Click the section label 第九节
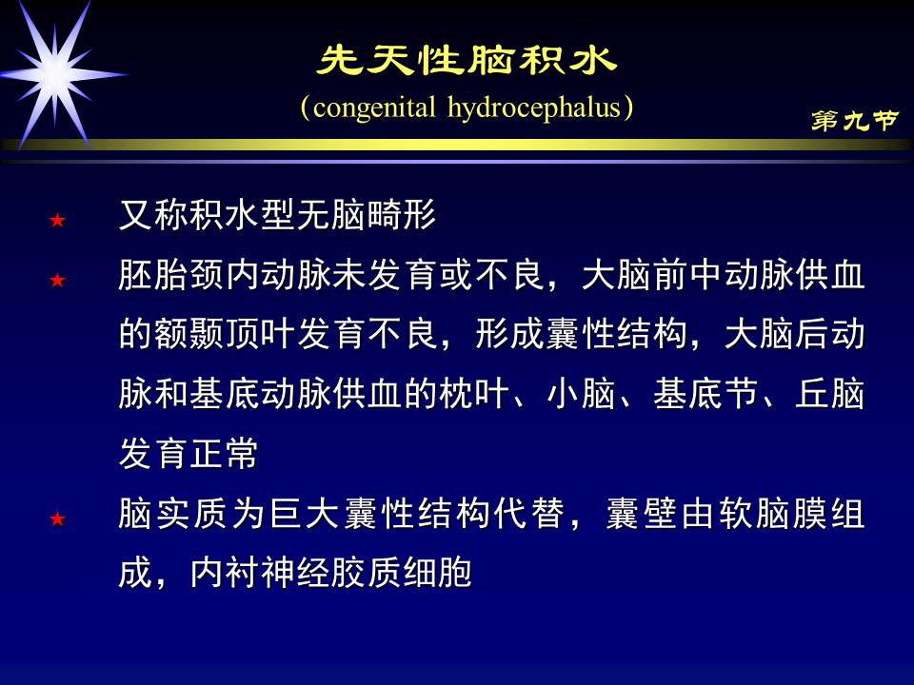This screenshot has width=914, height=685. click(854, 121)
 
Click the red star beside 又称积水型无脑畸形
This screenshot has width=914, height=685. click(58, 221)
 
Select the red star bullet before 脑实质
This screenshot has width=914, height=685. click(58, 519)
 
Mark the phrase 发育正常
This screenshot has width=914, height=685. click(189, 454)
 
